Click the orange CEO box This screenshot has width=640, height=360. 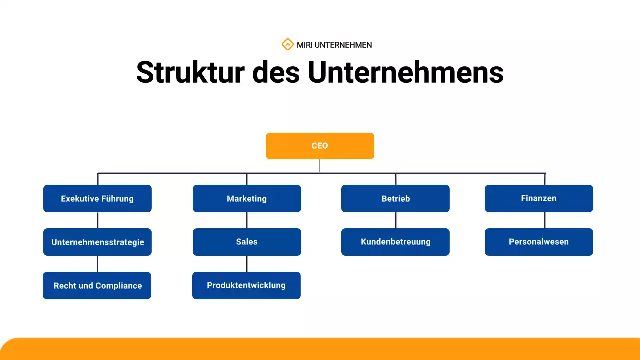click(320, 146)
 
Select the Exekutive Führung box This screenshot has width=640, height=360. click(97, 198)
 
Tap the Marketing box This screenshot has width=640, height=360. click(247, 198)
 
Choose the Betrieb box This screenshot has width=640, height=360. click(395, 198)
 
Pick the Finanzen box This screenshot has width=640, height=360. click(539, 198)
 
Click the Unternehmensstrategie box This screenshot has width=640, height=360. click(97, 242)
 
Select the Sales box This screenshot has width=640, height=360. click(247, 242)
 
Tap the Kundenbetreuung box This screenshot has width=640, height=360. click(395, 242)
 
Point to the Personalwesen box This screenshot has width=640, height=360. click(539, 242)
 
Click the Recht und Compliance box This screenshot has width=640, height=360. click(97, 285)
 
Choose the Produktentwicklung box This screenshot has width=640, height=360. click(246, 285)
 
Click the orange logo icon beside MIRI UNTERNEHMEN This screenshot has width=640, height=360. click(287, 45)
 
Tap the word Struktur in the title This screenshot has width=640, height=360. click(190, 72)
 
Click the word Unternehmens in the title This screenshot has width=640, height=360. click(405, 72)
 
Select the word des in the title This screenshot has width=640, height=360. click(276, 72)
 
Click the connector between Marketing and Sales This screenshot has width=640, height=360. click(247, 220)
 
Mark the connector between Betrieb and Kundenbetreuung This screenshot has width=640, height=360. click(396, 220)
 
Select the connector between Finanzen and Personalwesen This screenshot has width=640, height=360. click(545, 220)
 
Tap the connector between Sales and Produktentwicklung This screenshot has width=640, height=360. click(247, 264)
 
